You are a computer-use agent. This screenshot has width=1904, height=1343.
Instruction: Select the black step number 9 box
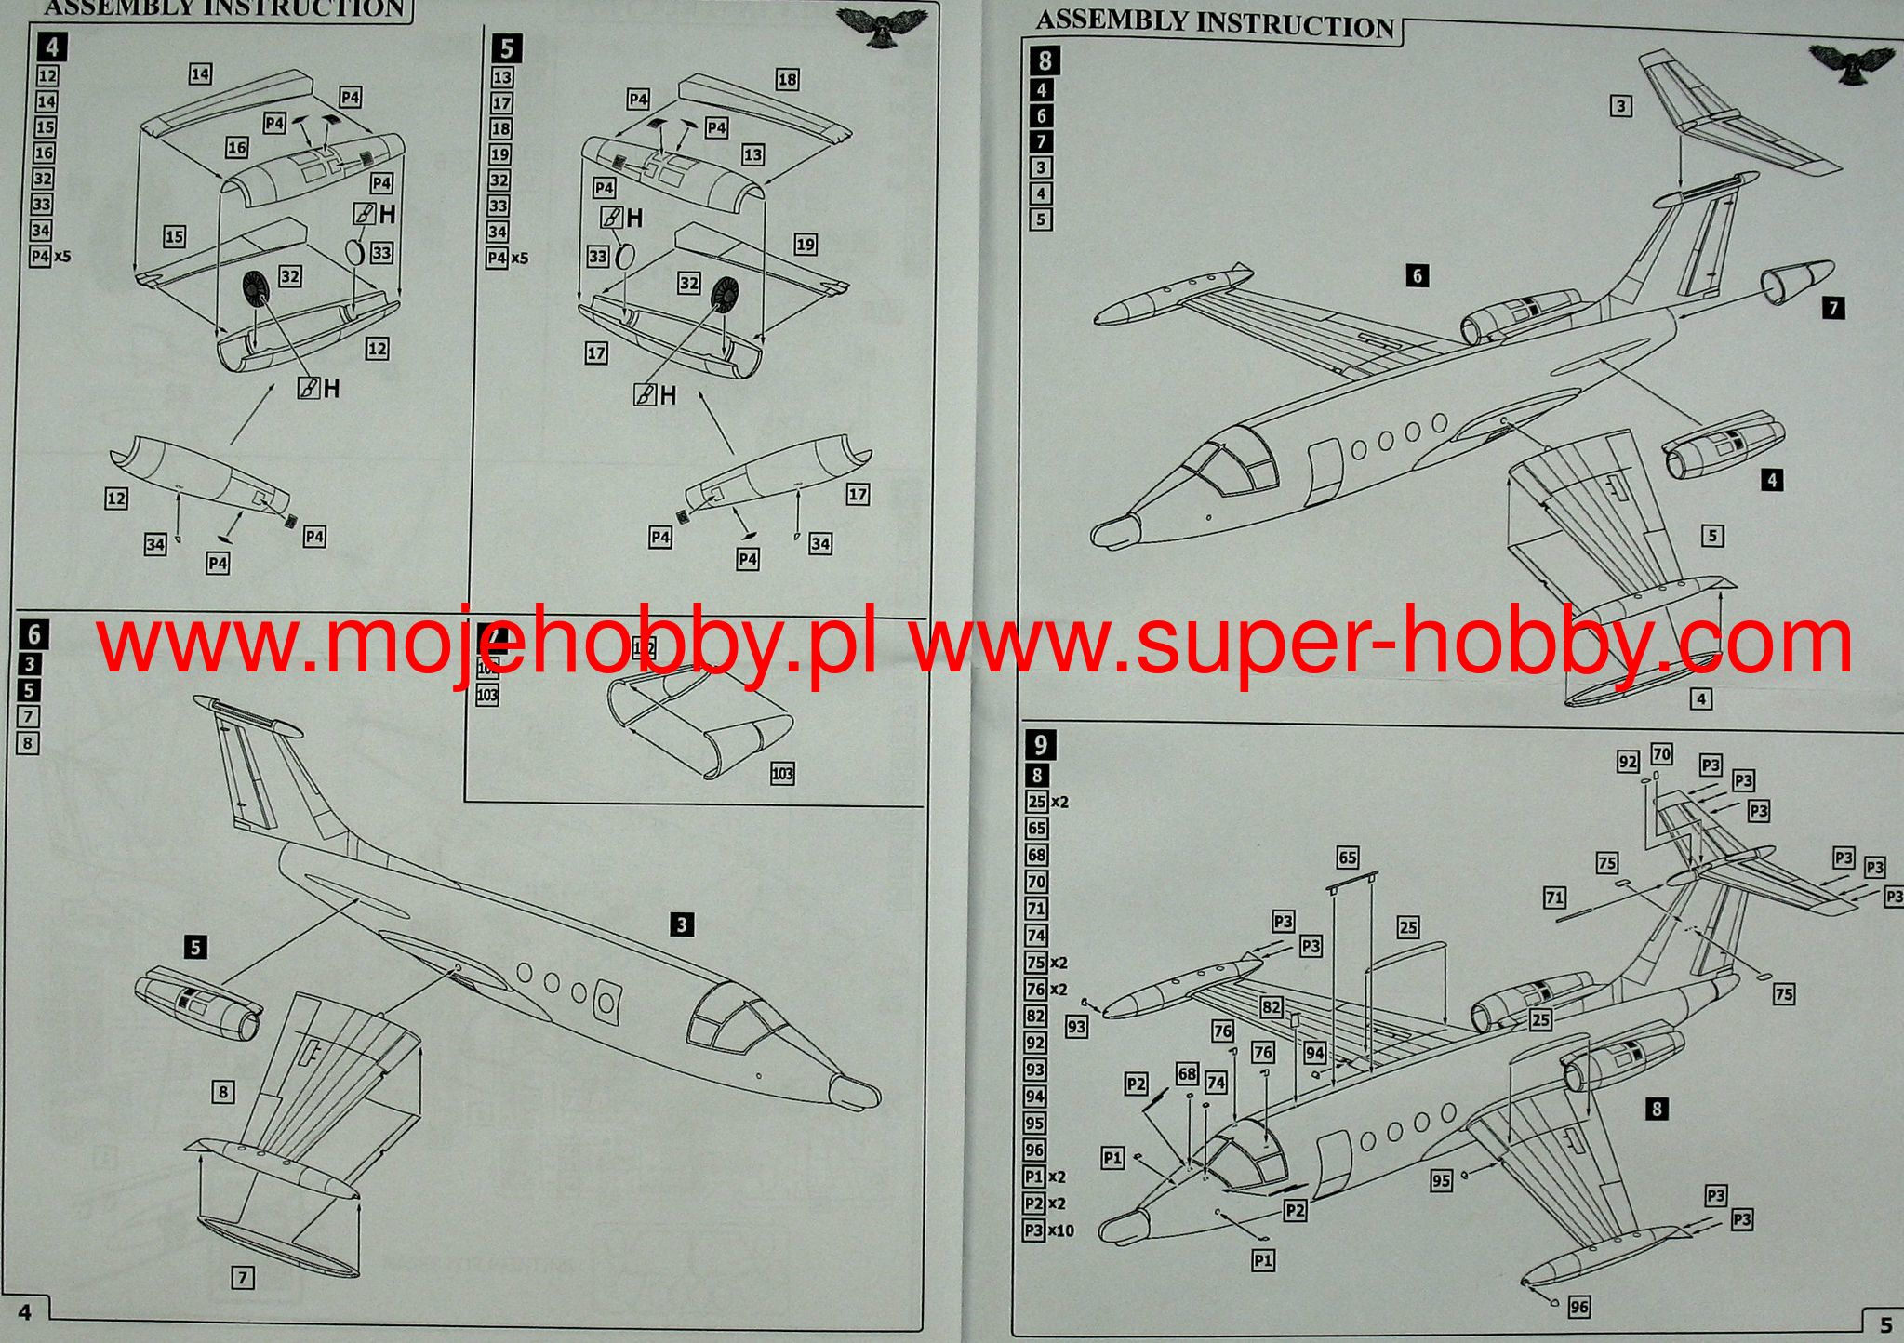point(1041,744)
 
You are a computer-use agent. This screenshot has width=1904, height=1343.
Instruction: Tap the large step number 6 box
point(33,635)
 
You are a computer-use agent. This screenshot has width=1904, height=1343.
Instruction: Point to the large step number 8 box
point(1045,61)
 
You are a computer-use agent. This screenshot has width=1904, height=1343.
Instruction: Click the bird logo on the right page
point(1851,66)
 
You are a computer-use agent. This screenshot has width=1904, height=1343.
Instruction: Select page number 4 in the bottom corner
point(25,1311)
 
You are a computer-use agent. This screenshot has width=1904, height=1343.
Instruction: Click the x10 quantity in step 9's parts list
point(1061,1230)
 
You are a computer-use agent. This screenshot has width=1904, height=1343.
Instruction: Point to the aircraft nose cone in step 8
point(1115,531)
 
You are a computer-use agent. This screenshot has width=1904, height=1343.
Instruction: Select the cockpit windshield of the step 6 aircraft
point(735,1020)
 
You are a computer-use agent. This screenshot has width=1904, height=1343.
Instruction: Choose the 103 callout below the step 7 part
point(782,774)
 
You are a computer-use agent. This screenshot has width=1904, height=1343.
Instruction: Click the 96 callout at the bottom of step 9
point(1578,1307)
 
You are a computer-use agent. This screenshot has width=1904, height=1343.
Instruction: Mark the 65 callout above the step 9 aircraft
point(1347,858)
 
